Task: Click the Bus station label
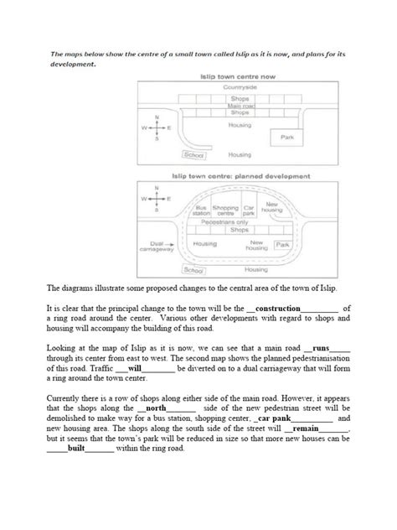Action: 202,210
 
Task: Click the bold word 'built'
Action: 78,446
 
